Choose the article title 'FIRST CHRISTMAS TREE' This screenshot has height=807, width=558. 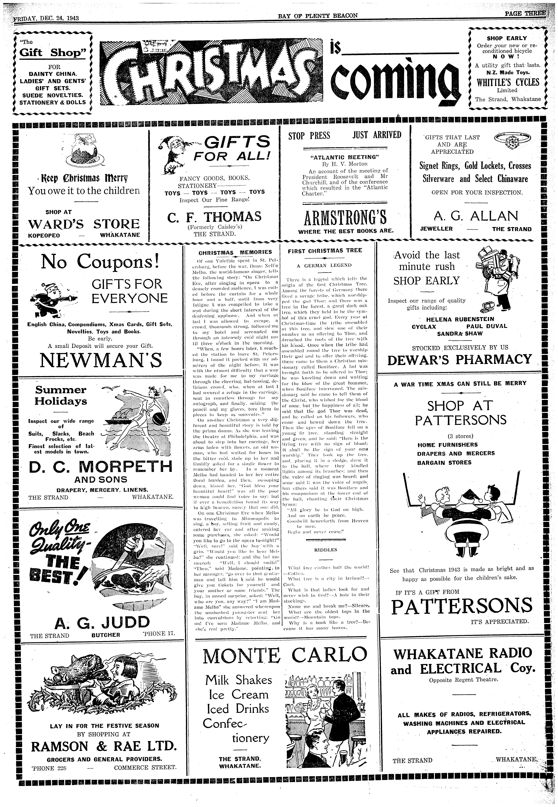pos(325,250)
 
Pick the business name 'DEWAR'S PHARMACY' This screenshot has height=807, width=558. pos(459,359)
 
